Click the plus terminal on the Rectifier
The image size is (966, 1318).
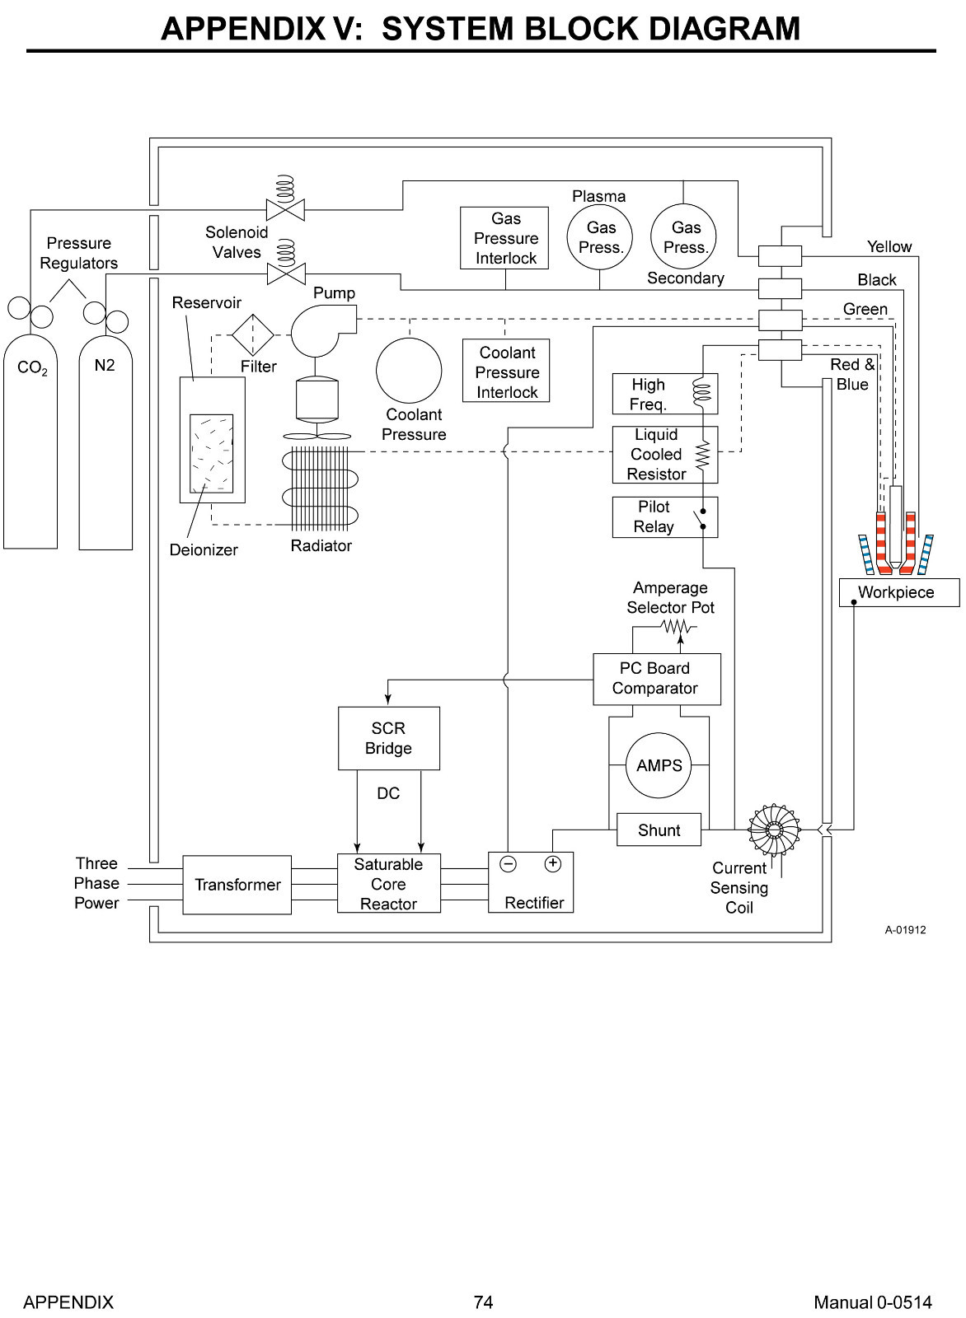553,863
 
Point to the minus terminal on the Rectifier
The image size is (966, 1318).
508,864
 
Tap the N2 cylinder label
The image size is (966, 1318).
104,366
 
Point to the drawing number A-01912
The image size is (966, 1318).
905,930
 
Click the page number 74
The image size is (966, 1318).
483,1302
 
